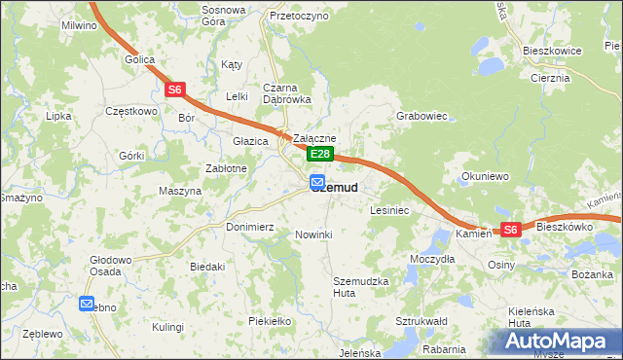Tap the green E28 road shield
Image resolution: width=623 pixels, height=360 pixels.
321,155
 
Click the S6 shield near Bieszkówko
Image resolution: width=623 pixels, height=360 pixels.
511,230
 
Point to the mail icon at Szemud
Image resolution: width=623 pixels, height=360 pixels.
317,182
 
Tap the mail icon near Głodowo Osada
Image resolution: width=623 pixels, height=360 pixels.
87,304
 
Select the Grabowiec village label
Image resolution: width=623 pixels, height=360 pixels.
421,116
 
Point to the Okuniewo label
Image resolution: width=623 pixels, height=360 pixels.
486,177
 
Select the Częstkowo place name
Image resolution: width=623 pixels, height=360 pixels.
130,111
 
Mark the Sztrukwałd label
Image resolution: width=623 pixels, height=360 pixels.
421,320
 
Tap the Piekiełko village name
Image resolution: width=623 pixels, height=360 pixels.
271,320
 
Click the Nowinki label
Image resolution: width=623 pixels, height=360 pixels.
313,234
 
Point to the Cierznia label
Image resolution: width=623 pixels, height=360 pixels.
550,77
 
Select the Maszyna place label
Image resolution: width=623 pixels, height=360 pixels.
179,191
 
